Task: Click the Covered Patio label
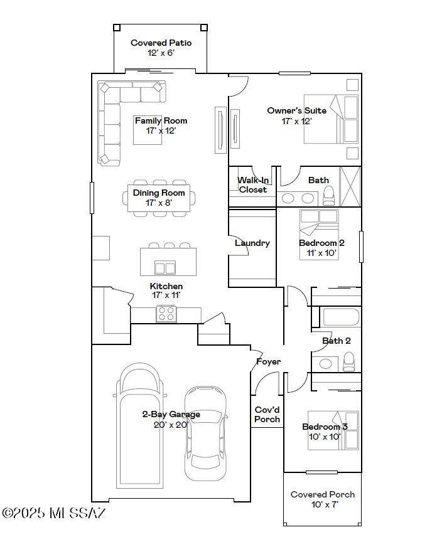pyautogui.click(x=161, y=43)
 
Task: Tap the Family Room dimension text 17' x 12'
pyautogui.click(x=161, y=130)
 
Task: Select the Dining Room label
pyautogui.click(x=159, y=193)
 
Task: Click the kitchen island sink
pyautogui.click(x=165, y=267)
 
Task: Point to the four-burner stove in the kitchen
pyautogui.click(x=166, y=314)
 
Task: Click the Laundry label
pyautogui.click(x=252, y=243)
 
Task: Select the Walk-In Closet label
pyautogui.click(x=253, y=185)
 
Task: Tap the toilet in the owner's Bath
pyautogui.click(x=329, y=196)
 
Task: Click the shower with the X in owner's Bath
pyautogui.click(x=350, y=187)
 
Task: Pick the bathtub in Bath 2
pyautogui.click(x=340, y=317)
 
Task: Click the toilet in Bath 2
pyautogui.click(x=349, y=362)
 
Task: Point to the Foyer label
pyautogui.click(x=268, y=361)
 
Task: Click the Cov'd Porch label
pyautogui.click(x=267, y=415)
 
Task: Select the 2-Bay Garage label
pyautogui.click(x=171, y=415)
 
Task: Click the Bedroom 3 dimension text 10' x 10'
pyautogui.click(x=325, y=437)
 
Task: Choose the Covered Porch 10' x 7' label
pyautogui.click(x=323, y=499)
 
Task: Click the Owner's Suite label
pyautogui.click(x=297, y=110)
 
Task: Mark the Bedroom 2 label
pyautogui.click(x=321, y=243)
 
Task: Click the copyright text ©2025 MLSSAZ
pyautogui.click(x=54, y=513)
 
